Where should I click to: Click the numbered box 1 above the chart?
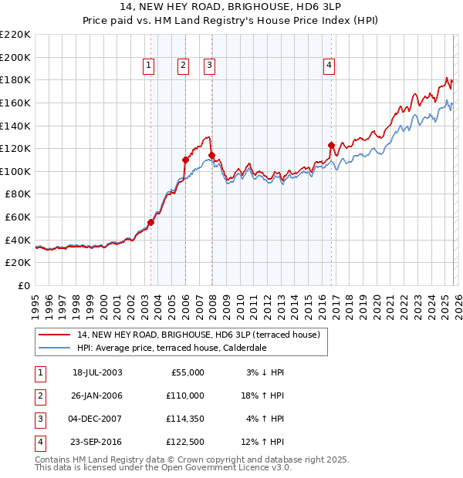coord(147,66)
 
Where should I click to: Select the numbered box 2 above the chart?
coord(183,66)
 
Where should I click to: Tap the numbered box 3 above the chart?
coord(209,66)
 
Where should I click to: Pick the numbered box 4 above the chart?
coord(329,66)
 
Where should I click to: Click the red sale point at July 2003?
coord(151,223)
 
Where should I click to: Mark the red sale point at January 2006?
coord(185,160)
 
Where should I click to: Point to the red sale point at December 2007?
coord(211,155)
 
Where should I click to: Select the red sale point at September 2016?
coord(331,145)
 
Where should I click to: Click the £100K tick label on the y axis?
coord(15,171)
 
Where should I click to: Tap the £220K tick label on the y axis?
coord(15,35)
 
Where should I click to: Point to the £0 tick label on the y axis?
coord(23,285)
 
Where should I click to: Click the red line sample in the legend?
coord(56,335)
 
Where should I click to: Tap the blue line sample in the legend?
coord(56,348)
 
